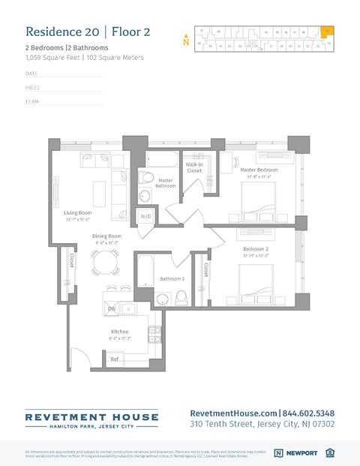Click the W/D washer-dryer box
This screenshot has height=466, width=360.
click(146, 216)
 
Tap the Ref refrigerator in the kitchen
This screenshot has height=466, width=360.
click(115, 359)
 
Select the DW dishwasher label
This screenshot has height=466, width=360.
click(111, 308)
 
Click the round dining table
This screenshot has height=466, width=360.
click(104, 262)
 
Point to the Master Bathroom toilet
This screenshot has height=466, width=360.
click(146, 179)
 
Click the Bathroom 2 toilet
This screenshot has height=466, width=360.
click(181, 298)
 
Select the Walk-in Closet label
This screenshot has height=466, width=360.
click(194, 167)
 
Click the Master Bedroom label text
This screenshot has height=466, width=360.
click(259, 170)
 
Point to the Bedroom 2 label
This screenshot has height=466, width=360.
click(255, 249)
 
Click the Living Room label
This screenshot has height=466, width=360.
click(77, 213)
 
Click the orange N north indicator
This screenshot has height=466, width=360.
click(185, 41)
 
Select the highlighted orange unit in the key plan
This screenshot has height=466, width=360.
click(327, 32)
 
